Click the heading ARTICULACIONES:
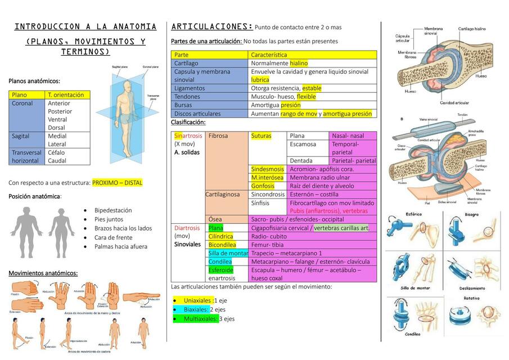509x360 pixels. (211, 26)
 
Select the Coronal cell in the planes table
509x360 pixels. (22, 103)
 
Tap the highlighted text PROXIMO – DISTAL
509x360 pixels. (117, 183)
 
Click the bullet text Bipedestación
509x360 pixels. (113, 210)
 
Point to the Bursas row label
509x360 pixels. (183, 105)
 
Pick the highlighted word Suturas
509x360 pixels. (261, 136)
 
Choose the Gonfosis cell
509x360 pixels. (263, 186)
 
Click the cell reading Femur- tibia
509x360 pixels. (267, 245)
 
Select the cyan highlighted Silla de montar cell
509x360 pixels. (228, 254)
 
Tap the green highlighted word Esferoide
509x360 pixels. (220, 270)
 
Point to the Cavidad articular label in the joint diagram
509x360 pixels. (454, 103)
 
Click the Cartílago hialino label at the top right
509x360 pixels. (471, 28)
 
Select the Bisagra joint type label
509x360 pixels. (471, 214)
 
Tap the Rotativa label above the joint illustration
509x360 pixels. (471, 298)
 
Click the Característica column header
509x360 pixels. (269, 55)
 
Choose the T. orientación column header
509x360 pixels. (66, 95)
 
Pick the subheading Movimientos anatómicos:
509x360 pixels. (43, 273)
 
